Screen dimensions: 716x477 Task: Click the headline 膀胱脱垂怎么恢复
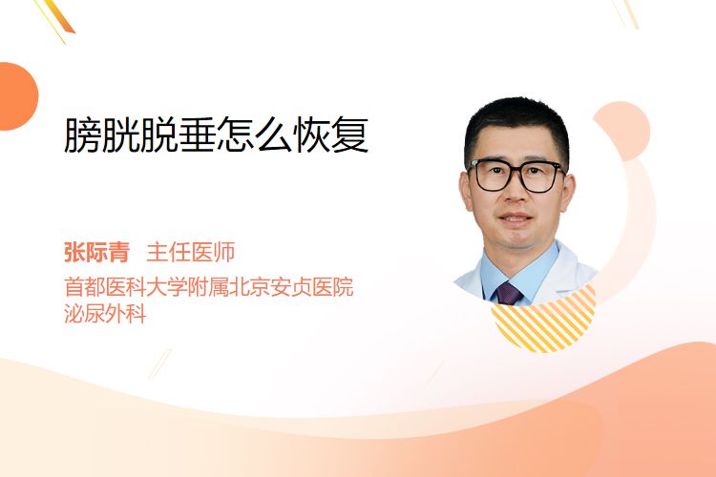[217, 135]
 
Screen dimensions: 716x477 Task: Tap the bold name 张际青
[96, 252]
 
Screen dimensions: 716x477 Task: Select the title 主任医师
[191, 252]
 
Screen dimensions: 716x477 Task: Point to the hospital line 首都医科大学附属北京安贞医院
[209, 287]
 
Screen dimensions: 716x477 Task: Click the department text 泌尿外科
[105, 314]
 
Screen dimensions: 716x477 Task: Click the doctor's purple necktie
[508, 294]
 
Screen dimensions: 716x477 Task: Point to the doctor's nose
[516, 192]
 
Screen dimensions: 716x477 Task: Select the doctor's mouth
[516, 218]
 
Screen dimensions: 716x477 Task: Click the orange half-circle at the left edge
[17, 96]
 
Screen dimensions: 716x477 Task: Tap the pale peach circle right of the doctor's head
[622, 130]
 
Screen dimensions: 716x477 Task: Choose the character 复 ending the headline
[350, 135]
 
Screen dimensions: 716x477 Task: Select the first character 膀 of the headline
[82, 135]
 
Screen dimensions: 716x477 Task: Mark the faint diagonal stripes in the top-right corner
[625, 13]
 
